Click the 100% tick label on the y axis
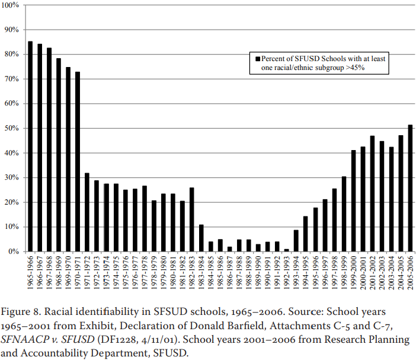(11, 5)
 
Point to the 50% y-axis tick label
(12, 128)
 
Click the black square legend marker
(257, 59)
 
